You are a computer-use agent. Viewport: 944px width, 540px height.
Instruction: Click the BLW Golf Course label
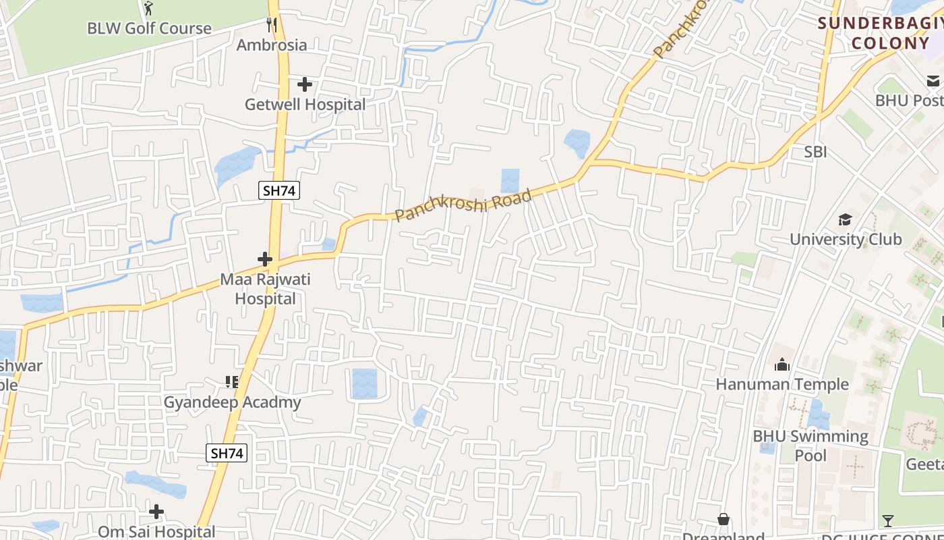[x=149, y=28]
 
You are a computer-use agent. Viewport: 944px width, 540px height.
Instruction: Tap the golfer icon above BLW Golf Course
[x=148, y=9]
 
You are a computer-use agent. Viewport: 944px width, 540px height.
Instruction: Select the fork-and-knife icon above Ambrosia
[x=272, y=25]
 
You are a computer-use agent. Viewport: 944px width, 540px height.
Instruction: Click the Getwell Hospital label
[x=305, y=105]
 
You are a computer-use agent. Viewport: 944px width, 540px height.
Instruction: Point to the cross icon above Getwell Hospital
[x=305, y=84]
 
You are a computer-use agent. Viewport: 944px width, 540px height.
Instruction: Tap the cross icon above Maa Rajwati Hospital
[x=265, y=259]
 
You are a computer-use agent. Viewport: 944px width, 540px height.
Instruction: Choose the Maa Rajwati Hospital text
[x=266, y=289]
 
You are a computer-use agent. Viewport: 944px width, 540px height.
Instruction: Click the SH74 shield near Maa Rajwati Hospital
[x=279, y=190]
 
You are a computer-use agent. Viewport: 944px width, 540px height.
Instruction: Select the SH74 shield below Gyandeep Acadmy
[x=227, y=453]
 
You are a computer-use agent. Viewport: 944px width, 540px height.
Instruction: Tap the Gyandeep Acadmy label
[x=233, y=402]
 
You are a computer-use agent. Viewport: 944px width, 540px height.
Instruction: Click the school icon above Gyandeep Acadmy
[x=232, y=382]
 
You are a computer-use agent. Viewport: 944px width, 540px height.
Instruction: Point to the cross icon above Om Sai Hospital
[x=156, y=512]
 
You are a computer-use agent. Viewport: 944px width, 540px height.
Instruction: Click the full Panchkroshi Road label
[x=463, y=206]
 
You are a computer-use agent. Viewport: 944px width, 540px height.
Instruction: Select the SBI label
[x=815, y=152]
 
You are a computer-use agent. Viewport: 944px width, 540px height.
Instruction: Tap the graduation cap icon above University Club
[x=845, y=219]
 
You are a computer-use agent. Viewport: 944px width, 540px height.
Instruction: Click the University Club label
[x=846, y=239]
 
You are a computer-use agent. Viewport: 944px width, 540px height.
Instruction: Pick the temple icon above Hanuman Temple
[x=782, y=364]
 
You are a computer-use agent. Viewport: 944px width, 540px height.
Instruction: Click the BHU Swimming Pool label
[x=810, y=446]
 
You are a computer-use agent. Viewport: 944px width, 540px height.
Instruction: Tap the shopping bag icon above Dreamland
[x=724, y=519]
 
